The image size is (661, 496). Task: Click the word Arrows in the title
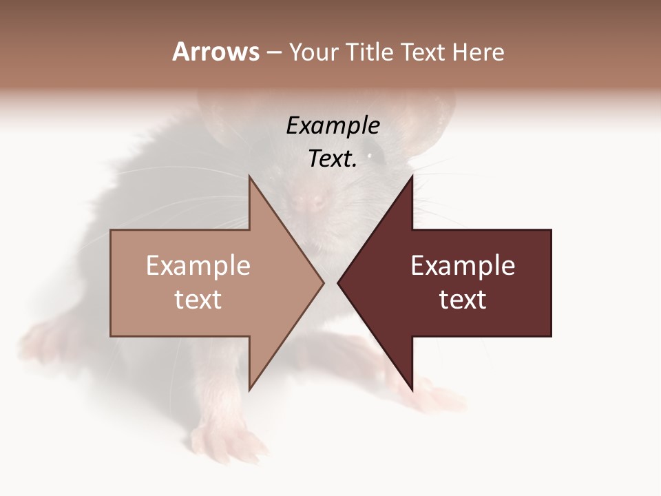pyautogui.click(x=216, y=52)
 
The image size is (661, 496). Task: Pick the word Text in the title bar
pyautogui.click(x=424, y=52)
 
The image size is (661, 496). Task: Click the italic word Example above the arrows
pyautogui.click(x=333, y=126)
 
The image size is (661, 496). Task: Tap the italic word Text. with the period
pyautogui.click(x=333, y=159)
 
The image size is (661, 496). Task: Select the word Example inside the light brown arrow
pyautogui.click(x=198, y=266)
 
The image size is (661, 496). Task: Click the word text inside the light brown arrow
pyautogui.click(x=198, y=299)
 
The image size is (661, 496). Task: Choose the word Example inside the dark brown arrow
pyautogui.click(x=463, y=266)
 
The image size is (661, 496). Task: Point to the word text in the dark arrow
pyautogui.click(x=463, y=299)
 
